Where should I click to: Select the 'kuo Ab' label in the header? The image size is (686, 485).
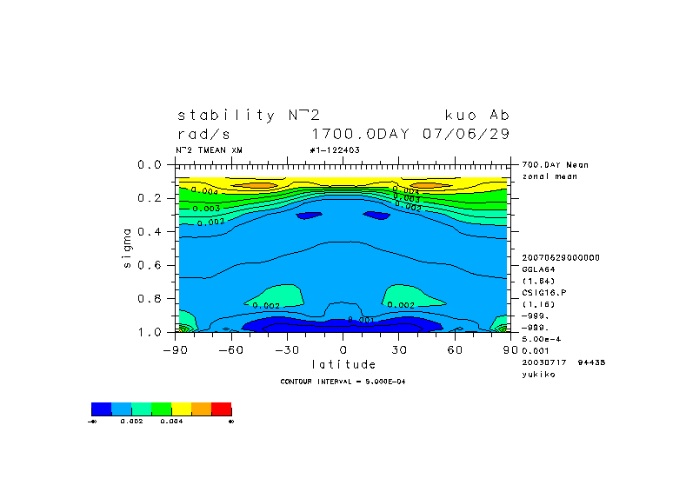[476, 115]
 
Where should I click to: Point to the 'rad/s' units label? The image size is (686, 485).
[204, 134]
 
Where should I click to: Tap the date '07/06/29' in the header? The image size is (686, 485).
[465, 134]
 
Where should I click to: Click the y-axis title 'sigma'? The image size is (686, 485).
[128, 248]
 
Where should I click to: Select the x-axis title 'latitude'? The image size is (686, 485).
[343, 364]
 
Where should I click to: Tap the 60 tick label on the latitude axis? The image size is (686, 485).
[455, 349]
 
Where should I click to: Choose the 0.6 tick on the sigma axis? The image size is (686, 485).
[151, 265]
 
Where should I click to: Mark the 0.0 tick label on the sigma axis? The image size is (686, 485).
[151, 164]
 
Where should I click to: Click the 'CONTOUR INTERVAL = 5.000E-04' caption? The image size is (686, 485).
[343, 382]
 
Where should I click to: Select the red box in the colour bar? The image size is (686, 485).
[221, 409]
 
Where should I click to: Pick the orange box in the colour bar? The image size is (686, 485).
[201, 409]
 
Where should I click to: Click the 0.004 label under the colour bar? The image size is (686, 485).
[170, 421]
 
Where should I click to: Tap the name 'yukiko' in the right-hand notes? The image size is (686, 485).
[538, 374]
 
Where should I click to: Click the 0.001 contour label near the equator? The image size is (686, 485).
[360, 320]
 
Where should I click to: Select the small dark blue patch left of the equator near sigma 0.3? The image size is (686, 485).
[308, 215]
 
